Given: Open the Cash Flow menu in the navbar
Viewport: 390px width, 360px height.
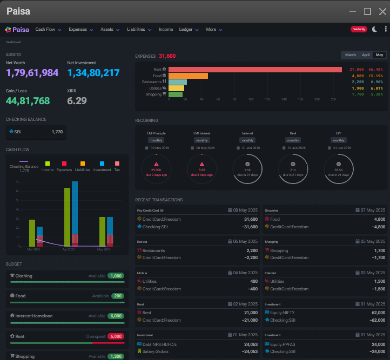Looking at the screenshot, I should click(x=48, y=29).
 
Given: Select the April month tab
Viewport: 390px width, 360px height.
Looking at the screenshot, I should click(x=366, y=55).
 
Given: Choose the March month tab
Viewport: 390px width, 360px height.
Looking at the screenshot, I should click(x=351, y=55).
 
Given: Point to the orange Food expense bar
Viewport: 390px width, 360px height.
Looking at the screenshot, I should click(x=188, y=76).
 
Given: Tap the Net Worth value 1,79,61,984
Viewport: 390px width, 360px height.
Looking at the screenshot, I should click(x=32, y=73).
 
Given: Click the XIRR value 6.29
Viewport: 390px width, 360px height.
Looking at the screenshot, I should click(x=77, y=100).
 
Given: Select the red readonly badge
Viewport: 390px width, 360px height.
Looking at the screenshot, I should click(x=359, y=29).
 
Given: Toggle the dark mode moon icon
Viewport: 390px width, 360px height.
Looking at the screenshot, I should click(x=375, y=29).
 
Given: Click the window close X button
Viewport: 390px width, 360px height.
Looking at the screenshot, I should click(x=382, y=11).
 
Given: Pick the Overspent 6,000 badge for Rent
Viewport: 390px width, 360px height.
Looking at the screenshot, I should click(x=116, y=336).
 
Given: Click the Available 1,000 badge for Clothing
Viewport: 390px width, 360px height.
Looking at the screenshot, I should click(x=116, y=276).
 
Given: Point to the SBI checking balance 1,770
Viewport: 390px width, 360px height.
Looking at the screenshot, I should click(x=57, y=132).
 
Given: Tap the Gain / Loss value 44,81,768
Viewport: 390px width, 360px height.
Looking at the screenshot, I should click(x=28, y=100).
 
